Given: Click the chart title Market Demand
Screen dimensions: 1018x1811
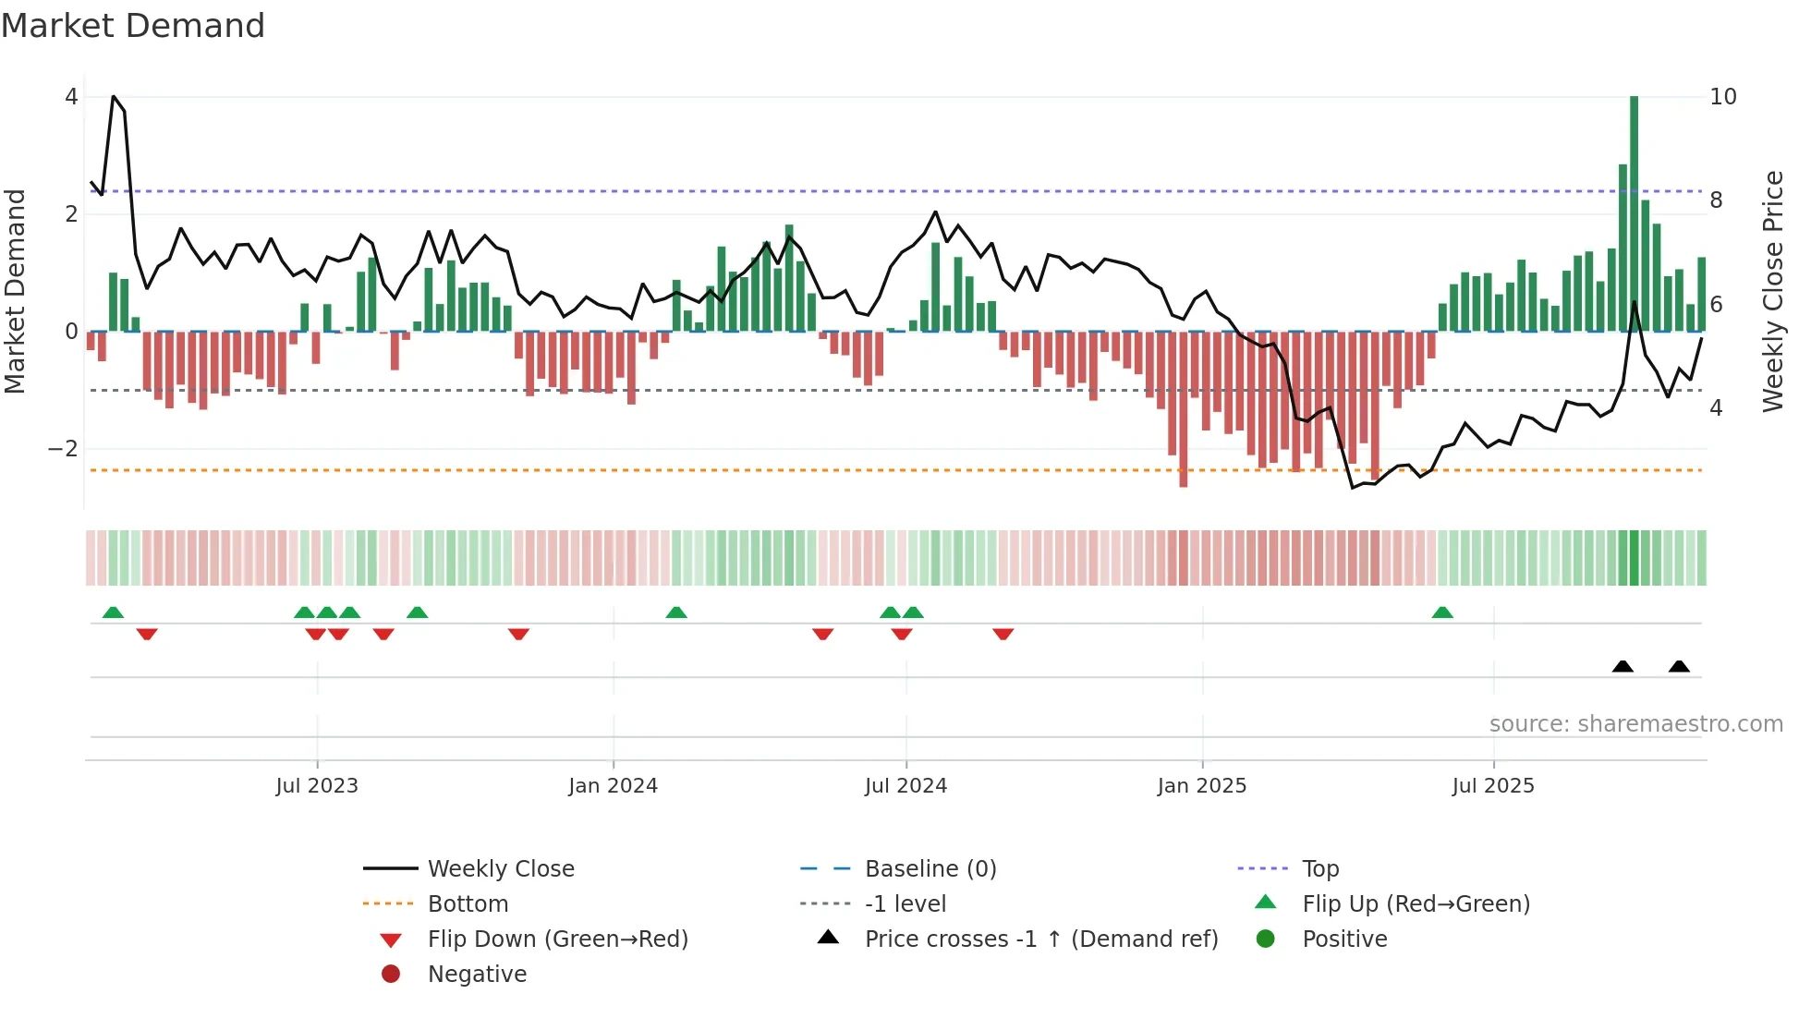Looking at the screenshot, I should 133,26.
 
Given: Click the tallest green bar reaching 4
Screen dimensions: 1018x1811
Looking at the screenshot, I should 1634,212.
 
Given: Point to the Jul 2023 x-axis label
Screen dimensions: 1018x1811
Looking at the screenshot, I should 316,786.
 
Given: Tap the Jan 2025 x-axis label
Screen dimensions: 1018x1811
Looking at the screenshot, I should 1201,786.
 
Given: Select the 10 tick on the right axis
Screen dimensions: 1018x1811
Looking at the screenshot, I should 1722,97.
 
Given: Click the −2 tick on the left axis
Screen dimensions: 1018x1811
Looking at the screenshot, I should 63,449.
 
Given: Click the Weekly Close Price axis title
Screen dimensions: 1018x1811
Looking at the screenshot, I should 1772,291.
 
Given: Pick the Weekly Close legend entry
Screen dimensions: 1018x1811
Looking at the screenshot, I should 500,869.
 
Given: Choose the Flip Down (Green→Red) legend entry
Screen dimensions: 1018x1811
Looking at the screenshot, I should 557,939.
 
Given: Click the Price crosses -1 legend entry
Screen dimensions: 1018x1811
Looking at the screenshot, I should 1040,939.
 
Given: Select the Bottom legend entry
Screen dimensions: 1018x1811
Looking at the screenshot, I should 468,904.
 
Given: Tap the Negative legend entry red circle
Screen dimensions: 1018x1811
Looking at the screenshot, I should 391,975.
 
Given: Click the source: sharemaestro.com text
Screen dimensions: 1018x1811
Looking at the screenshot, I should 1635,724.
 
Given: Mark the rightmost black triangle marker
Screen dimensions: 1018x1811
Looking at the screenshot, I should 1679,667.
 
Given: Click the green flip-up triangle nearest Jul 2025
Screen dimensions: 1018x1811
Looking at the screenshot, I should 1441,612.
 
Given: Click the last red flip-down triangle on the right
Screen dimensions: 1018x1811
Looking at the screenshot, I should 1003,634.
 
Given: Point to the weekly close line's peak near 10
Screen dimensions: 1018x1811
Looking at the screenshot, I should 114,97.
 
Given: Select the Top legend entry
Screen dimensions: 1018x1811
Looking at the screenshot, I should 1319,869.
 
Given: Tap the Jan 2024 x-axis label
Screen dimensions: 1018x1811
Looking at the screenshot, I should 613,786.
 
